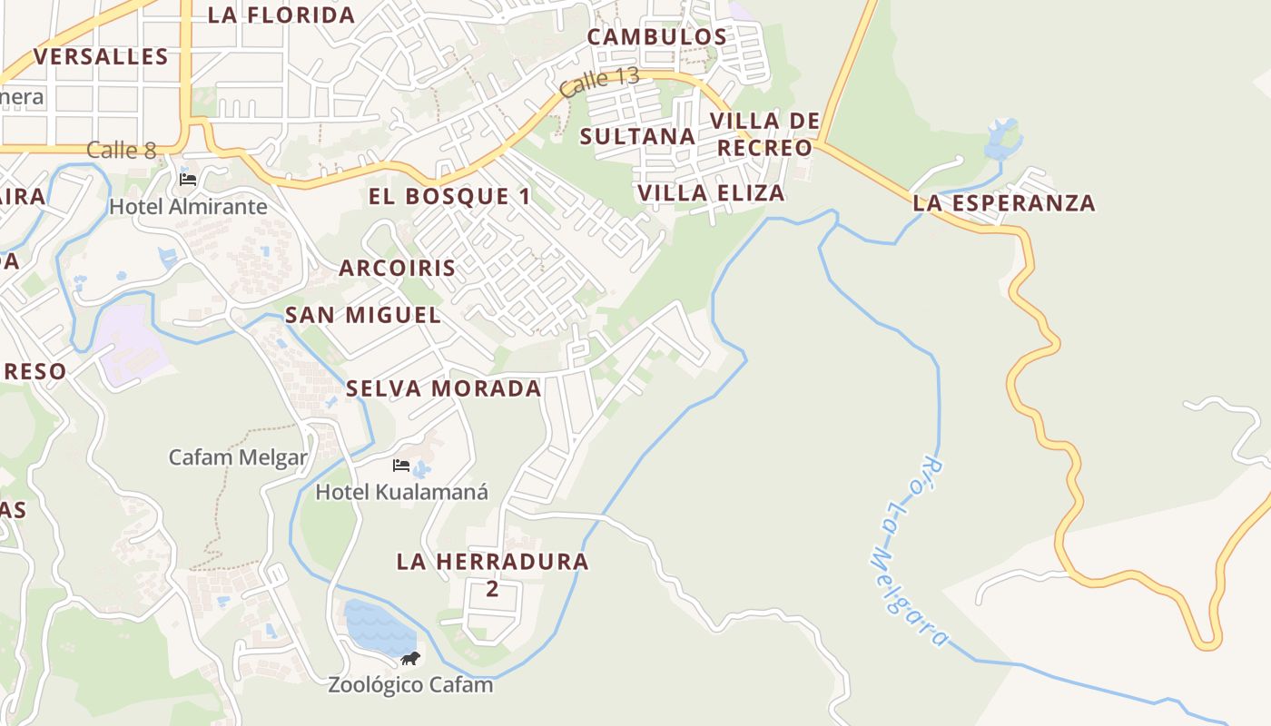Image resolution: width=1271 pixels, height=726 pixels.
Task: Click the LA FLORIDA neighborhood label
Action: [281, 15]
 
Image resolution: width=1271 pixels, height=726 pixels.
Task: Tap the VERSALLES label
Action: [101, 57]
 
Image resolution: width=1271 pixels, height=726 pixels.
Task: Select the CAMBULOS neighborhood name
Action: [657, 37]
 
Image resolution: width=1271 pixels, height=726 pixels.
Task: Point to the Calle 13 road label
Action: [599, 83]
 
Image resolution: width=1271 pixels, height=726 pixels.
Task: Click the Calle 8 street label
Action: [122, 151]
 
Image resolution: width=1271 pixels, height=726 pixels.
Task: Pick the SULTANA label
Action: [637, 137]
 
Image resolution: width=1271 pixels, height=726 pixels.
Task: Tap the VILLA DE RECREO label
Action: [764, 134]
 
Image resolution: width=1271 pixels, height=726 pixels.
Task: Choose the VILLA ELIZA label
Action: [711, 193]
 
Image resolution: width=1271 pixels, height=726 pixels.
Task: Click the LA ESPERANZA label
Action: [1004, 203]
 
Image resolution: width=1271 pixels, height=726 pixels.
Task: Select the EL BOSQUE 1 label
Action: [449, 197]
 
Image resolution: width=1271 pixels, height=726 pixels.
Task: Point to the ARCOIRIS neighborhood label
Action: [397, 269]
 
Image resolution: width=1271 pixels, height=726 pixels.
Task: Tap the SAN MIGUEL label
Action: [363, 316]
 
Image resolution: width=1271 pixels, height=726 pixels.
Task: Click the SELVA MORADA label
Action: [443, 389]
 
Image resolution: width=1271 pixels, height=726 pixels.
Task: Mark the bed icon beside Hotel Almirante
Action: [188, 179]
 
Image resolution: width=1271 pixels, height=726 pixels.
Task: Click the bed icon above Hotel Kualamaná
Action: [400, 466]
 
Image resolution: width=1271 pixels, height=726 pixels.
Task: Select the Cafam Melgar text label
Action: [239, 457]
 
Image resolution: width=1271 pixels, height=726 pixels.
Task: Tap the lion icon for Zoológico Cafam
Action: [410, 658]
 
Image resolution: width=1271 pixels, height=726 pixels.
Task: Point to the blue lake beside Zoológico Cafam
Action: [378, 627]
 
